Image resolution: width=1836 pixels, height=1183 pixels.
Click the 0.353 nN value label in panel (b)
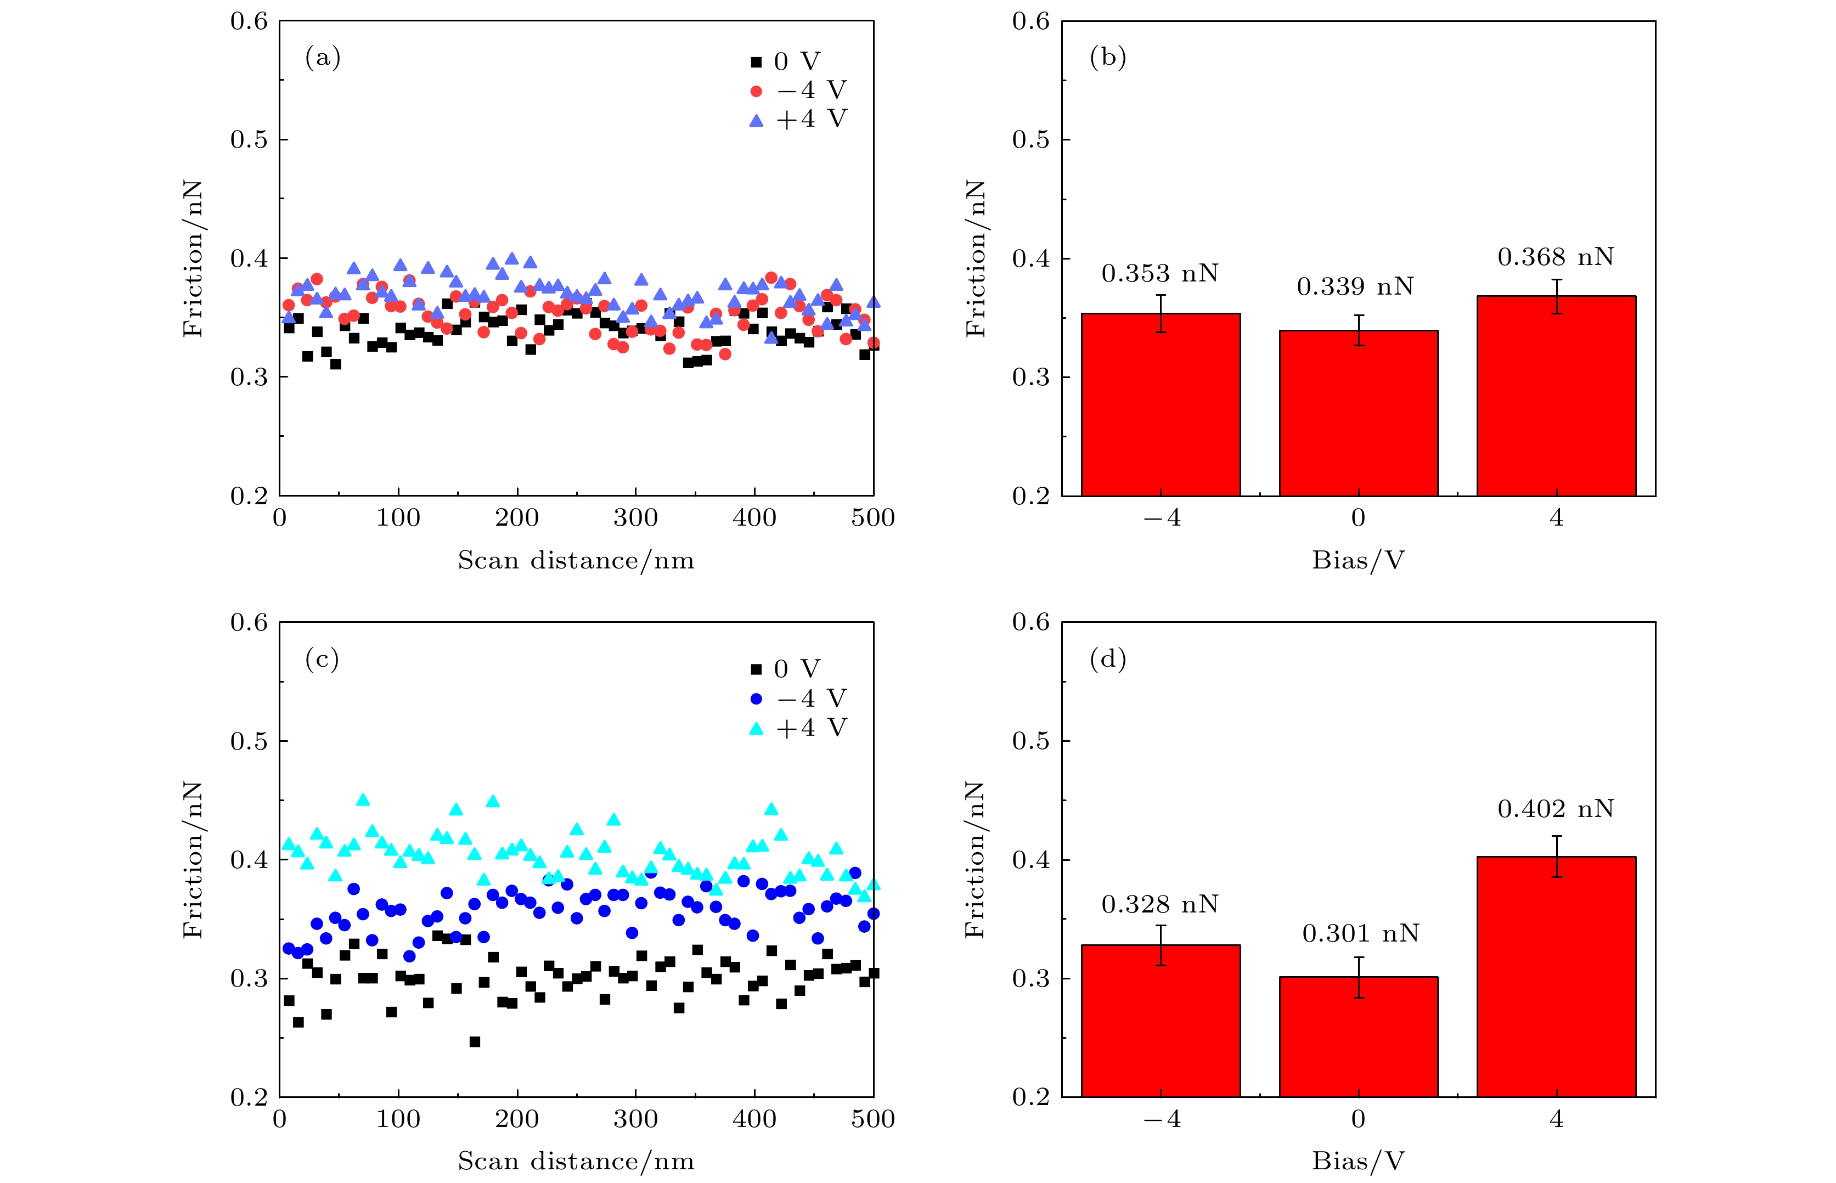tap(1159, 273)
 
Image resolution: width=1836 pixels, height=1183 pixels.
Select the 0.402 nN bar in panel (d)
tap(1556, 976)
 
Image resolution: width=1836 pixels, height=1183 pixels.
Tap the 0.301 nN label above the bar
tap(1360, 933)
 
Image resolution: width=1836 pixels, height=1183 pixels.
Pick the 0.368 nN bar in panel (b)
tap(1556, 396)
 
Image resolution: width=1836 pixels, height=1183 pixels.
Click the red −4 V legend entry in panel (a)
tap(799, 91)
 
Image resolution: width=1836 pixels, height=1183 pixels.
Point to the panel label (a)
tap(323, 58)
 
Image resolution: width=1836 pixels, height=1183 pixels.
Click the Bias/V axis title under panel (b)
tap(1358, 560)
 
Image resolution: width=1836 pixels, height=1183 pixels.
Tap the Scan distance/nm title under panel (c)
tap(576, 1161)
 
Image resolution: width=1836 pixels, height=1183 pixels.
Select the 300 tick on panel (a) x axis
tap(635, 518)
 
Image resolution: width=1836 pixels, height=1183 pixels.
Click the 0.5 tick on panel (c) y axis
tap(249, 741)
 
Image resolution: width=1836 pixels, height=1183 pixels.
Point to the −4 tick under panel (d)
tap(1162, 1119)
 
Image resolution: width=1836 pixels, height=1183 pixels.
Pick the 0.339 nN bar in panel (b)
tap(1358, 413)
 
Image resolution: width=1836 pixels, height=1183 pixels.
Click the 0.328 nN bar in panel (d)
tap(1160, 1020)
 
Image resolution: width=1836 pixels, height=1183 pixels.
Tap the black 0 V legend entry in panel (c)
tap(787, 669)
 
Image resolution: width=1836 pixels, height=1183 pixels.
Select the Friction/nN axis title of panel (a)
tap(192, 259)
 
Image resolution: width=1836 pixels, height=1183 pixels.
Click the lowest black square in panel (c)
tap(475, 1041)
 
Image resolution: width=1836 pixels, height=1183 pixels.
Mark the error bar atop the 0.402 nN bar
tap(1556, 857)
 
